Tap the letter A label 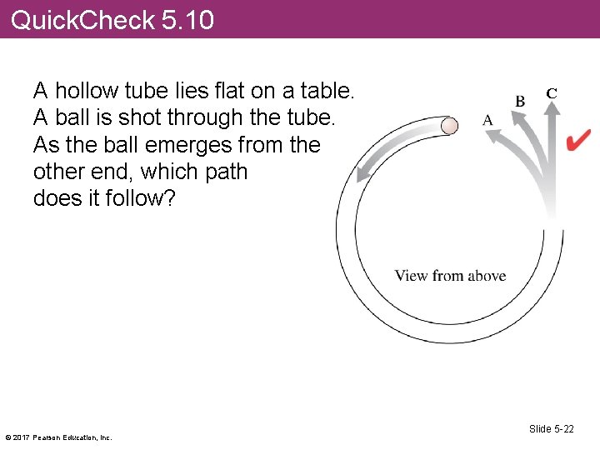pos(487,120)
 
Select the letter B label pos(520,101)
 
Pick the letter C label pos(551,93)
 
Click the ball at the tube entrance pos(449,126)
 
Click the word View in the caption pos(412,276)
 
